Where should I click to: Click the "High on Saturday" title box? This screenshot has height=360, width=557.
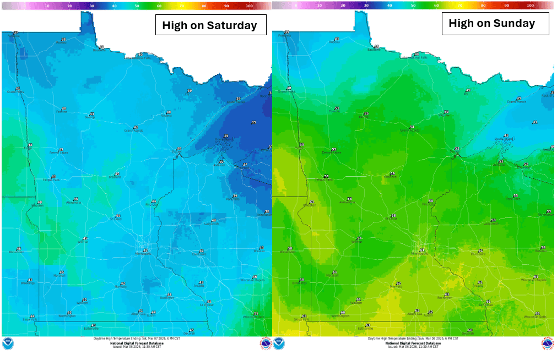coord(210,25)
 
